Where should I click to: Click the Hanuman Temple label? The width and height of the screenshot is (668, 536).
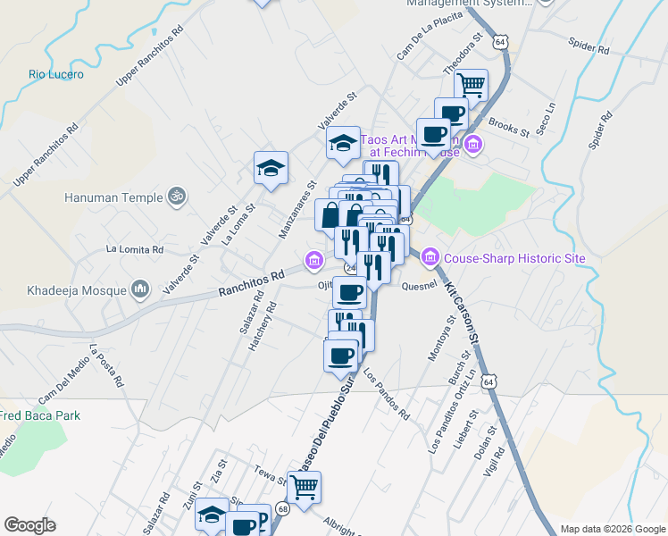113,197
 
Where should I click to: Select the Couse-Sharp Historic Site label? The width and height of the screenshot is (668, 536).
514,259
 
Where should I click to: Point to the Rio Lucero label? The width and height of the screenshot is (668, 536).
55,75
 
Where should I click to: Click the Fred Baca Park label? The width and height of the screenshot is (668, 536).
40,415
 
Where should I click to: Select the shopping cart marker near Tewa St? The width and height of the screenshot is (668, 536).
304,488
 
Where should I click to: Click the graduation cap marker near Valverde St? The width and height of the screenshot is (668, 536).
343,143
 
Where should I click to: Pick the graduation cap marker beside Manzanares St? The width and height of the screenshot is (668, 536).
271,167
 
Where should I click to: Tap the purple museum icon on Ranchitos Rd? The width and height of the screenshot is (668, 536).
313,261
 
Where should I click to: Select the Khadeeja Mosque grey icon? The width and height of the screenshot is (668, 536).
138,289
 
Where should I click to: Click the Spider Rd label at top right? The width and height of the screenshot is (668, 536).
589,46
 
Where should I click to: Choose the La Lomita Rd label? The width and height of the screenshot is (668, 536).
135,249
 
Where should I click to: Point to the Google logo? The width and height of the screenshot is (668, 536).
29,525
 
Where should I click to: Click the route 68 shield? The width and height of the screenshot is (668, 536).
283,509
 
